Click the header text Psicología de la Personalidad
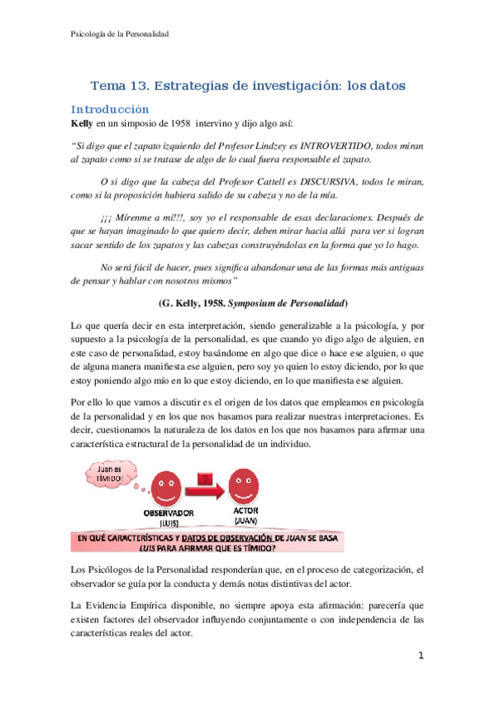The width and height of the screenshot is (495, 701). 117,33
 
